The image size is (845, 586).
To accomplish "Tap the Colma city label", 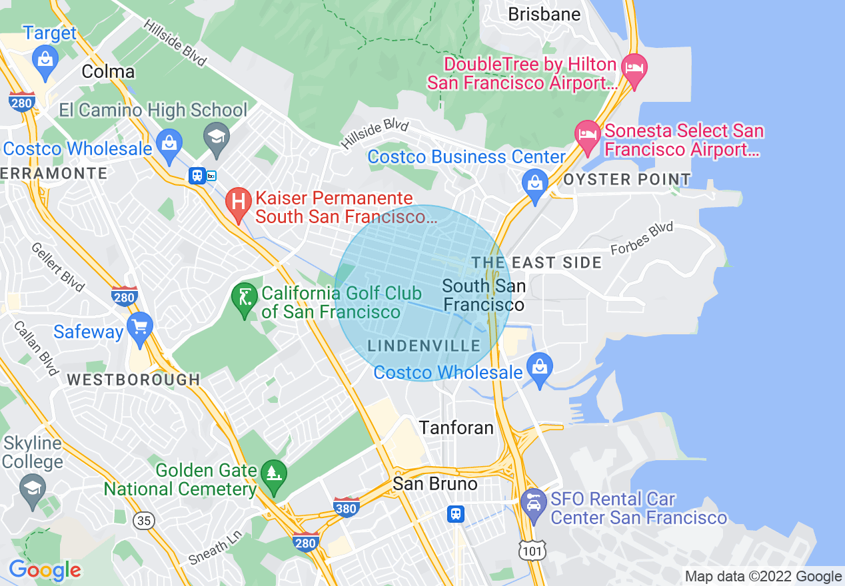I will tap(108, 72).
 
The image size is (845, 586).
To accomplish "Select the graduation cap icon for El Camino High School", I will tap(217, 137).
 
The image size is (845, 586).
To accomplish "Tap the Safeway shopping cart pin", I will tap(140, 327).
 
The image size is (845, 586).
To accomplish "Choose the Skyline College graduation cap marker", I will tap(33, 487).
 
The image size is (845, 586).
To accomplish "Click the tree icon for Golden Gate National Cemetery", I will tap(273, 473).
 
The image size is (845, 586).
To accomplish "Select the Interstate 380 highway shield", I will tap(346, 507).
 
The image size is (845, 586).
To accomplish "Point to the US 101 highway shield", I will tap(533, 549).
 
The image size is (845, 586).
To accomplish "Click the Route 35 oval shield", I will tap(144, 521).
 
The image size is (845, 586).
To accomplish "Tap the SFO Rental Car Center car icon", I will tap(533, 502).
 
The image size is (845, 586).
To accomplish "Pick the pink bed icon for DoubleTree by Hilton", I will tap(632, 68).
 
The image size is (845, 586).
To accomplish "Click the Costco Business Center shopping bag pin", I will tap(535, 181).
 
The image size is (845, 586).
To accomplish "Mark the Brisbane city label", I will tap(544, 15).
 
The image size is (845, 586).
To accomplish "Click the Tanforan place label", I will tap(456, 428).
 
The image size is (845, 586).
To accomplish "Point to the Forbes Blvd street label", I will tap(642, 239).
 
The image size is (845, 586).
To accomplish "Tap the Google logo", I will tap(45, 570).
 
